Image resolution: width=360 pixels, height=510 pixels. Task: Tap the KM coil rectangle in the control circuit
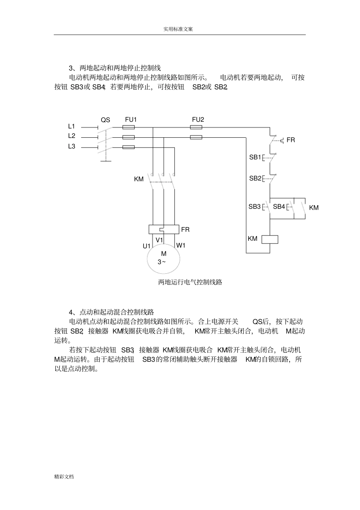(270, 239)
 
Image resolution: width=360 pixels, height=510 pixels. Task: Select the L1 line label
(72, 126)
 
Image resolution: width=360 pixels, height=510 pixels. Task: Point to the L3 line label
(72, 146)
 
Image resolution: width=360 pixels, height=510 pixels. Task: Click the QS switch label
(105, 120)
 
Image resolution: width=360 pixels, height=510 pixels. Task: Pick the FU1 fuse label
(131, 119)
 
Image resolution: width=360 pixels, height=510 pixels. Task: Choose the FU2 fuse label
(198, 119)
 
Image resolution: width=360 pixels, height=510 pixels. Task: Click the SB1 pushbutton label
(255, 157)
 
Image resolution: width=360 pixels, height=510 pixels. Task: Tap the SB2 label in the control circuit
(255, 178)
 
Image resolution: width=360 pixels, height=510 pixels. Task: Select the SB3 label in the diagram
(255, 207)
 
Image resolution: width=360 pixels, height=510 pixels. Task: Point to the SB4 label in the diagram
(279, 207)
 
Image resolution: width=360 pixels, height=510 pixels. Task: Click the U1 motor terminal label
(147, 246)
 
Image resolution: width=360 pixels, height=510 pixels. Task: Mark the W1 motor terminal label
(181, 245)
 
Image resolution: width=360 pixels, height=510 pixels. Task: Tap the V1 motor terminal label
(159, 240)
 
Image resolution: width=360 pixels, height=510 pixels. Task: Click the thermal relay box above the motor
(164, 229)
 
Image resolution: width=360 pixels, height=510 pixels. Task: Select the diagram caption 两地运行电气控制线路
(190, 282)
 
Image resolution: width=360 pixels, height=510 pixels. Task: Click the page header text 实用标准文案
(178, 29)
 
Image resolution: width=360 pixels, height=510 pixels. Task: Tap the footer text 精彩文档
(64, 477)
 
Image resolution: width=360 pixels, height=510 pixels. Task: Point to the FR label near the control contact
(291, 140)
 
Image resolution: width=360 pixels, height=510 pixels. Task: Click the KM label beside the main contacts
(139, 179)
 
